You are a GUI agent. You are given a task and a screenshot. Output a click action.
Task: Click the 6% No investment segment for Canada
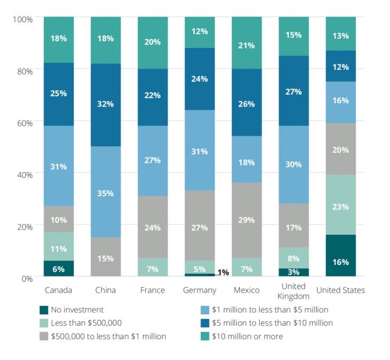pyautogui.click(x=59, y=268)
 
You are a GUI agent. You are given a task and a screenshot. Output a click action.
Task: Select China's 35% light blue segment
pyautogui.click(x=106, y=192)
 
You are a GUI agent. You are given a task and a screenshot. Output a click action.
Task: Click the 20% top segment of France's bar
pyautogui.click(x=153, y=42)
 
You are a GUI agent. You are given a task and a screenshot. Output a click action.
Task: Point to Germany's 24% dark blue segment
pyautogui.click(x=200, y=79)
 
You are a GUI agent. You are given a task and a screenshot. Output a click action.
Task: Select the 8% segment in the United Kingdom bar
pyautogui.click(x=294, y=258)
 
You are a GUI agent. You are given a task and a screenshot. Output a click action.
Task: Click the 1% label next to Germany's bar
pyautogui.click(x=223, y=272)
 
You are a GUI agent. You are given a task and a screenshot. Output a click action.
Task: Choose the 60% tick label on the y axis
pyautogui.click(x=23, y=122)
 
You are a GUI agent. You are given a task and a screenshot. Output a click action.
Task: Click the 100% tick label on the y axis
pyautogui.click(x=22, y=19)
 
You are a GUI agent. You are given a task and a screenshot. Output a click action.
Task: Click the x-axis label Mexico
pyautogui.click(x=247, y=290)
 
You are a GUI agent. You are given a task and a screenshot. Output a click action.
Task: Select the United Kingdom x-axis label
pyautogui.click(x=294, y=291)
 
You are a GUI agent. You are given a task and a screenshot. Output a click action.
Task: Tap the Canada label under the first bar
pyautogui.click(x=59, y=290)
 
